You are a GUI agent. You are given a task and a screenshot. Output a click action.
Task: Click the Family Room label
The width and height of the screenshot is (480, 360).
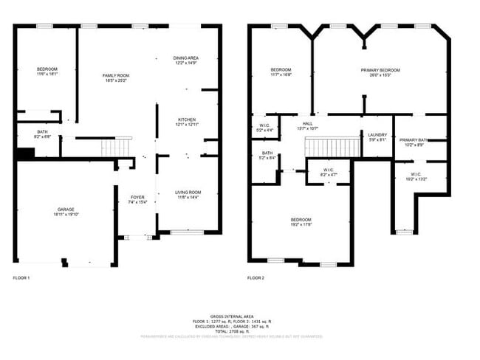(116, 78)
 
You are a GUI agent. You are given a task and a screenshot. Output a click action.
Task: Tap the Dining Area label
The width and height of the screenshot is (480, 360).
(186, 60)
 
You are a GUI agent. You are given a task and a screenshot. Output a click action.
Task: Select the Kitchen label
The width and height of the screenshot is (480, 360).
(187, 122)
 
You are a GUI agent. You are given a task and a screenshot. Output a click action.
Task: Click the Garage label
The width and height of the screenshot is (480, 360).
(65, 212)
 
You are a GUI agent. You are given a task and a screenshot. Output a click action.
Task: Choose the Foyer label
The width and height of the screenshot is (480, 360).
(138, 199)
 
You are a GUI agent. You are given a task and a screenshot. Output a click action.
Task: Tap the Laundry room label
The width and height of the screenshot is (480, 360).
(377, 136)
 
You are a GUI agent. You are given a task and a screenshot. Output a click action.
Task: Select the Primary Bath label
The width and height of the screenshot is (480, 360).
(414, 142)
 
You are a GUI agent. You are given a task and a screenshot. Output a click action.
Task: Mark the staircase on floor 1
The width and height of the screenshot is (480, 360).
(116, 148)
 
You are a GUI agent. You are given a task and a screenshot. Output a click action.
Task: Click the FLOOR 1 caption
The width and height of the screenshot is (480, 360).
(22, 278)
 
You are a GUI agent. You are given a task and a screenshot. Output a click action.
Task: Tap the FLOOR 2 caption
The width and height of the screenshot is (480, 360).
(256, 278)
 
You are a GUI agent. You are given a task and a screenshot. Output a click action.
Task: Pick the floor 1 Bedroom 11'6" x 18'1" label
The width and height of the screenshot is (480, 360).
(47, 72)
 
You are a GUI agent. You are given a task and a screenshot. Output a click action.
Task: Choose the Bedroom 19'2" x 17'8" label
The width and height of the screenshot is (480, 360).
(301, 222)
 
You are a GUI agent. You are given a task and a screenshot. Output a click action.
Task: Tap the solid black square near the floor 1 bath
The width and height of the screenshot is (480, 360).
(25, 153)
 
